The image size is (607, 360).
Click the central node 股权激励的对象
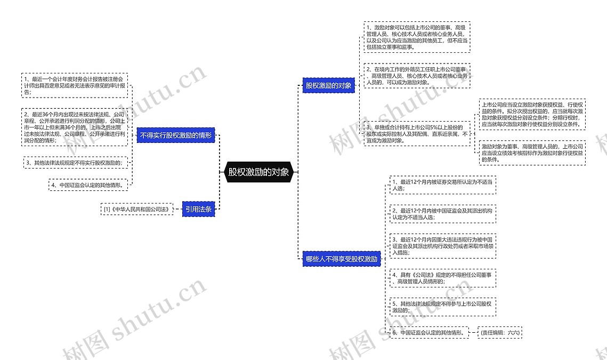coord(258,172)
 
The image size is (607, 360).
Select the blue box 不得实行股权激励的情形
coord(176,135)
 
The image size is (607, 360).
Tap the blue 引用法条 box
coord(198,209)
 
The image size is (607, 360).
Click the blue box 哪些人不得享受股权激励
coord(342,260)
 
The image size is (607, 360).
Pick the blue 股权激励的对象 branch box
coord(328,85)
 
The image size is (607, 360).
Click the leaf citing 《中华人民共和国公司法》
coord(137,209)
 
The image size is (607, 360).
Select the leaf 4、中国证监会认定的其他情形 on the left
coord(88,185)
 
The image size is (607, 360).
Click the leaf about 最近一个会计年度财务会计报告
coord(75,85)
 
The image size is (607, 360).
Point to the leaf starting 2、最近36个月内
coord(75,127)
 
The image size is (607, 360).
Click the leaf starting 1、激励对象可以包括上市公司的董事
coord(416,37)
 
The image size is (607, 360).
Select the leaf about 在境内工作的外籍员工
coord(416,76)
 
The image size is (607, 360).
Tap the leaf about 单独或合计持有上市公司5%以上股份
coord(416,134)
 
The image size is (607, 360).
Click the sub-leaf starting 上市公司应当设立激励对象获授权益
coord(531,114)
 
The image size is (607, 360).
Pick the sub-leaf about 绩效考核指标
coord(531,153)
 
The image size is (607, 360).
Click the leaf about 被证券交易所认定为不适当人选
coord(442,185)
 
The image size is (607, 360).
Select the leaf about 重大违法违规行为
coord(442,246)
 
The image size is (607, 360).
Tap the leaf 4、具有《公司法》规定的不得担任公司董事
coord(442,277)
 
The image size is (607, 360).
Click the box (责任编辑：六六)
coord(499,332)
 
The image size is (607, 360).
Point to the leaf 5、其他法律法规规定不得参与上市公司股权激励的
coord(442,307)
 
